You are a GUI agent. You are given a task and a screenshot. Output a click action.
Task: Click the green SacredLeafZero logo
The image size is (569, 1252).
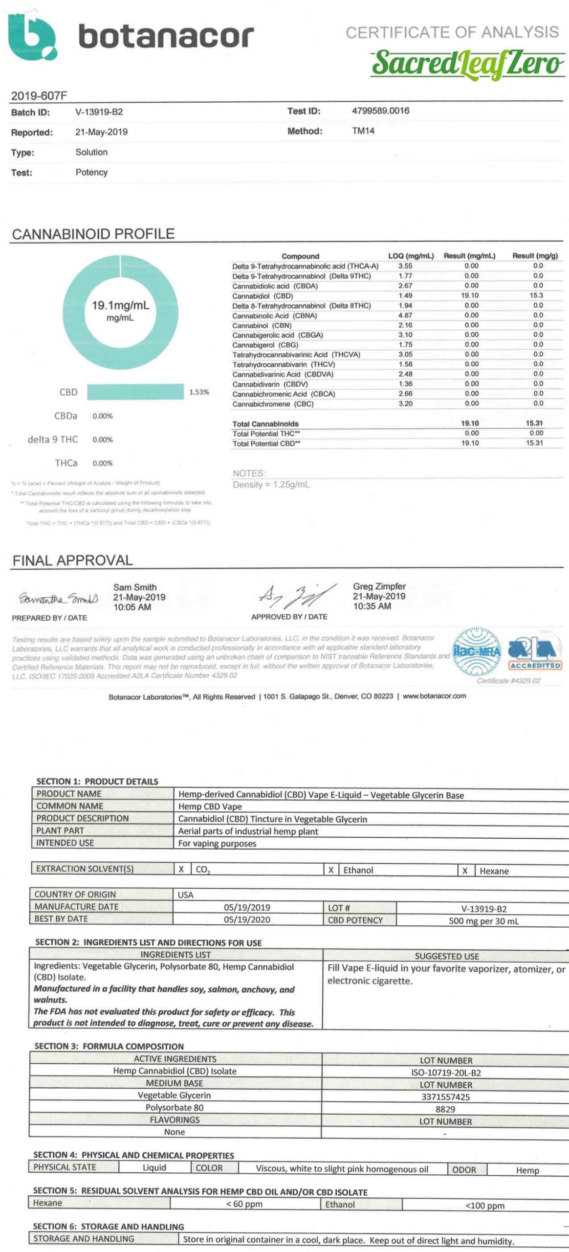(467, 64)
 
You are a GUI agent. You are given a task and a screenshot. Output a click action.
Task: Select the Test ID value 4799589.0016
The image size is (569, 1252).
(380, 111)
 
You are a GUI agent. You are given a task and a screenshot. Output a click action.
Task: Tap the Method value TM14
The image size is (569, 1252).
(363, 131)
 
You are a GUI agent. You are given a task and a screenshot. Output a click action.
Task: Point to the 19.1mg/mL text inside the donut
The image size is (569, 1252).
(120, 306)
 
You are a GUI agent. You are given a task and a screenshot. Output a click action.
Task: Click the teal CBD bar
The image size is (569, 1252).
(135, 392)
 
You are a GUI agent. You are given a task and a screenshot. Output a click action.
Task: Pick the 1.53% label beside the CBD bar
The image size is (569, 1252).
(199, 392)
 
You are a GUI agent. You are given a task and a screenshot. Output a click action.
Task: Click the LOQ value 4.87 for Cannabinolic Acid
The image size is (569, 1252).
(405, 315)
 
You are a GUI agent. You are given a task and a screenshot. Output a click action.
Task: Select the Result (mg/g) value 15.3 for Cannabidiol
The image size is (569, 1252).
(536, 295)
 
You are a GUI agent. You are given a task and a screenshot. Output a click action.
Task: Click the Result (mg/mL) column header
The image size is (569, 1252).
(469, 256)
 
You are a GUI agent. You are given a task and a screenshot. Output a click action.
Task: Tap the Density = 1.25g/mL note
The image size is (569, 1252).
(271, 485)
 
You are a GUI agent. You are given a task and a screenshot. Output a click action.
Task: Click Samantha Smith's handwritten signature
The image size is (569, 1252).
(58, 599)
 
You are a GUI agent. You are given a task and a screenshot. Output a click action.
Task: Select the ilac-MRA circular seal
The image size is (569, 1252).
(476, 651)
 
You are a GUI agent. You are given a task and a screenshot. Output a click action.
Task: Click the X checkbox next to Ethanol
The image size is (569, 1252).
(331, 870)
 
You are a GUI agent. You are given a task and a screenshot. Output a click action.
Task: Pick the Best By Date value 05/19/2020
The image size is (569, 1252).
(247, 919)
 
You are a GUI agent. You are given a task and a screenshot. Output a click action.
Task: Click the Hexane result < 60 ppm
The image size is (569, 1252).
(244, 1204)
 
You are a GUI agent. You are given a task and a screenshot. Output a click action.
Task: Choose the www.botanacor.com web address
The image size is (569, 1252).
(434, 696)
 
